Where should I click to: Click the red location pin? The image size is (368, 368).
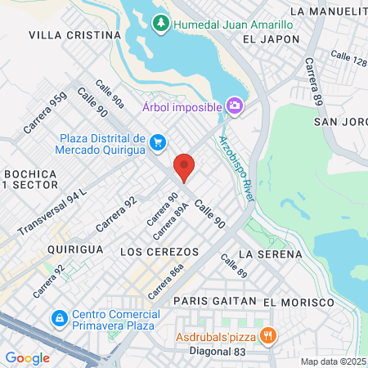coord(184,168)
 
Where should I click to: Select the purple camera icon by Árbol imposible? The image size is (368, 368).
coord(235,106)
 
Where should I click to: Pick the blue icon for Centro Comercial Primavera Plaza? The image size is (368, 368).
coord(59,317)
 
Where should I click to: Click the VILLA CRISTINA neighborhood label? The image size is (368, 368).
coord(74,35)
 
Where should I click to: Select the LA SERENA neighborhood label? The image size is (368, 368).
coord(270,254)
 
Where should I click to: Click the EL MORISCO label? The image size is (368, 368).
coord(299,302)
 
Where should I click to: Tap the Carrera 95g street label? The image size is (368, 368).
coord(46,113)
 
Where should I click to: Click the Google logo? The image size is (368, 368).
coord(27,357)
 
